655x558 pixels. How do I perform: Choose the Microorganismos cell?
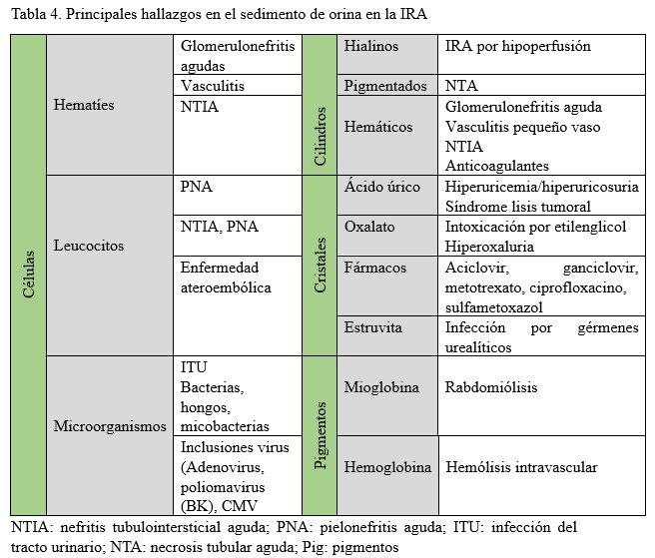[x=111, y=426]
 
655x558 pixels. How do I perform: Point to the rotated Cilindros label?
[x=320, y=136]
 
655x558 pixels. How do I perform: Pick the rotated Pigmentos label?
[x=320, y=436]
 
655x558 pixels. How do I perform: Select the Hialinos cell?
[x=371, y=47]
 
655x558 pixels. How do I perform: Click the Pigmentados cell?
[x=385, y=87]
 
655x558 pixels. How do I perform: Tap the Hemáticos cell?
[x=377, y=127]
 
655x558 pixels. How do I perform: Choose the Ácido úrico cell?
[x=382, y=187]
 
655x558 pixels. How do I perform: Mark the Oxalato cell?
[x=369, y=227]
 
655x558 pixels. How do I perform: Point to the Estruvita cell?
[x=373, y=327]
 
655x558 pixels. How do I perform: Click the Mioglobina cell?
[x=381, y=387]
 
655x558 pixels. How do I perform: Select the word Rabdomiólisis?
[x=492, y=387]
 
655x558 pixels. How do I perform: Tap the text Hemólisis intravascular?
[x=521, y=467]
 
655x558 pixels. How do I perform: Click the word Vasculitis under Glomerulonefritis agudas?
[x=213, y=87]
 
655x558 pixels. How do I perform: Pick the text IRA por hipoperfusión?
[x=517, y=47]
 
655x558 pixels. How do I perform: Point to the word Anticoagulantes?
[x=497, y=166]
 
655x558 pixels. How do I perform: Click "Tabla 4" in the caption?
[x=33, y=13]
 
